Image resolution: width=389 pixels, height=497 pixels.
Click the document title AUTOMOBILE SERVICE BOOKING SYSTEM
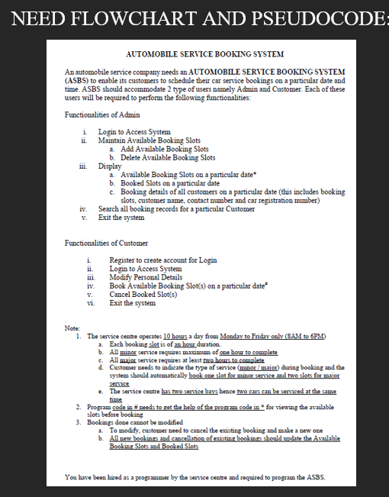pyautogui.click(x=204, y=54)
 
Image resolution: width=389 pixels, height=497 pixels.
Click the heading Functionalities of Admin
pyautogui.click(x=102, y=115)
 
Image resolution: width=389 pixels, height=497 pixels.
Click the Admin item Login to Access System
pyautogui.click(x=134, y=132)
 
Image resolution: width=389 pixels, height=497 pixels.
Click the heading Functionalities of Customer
pyautogui.click(x=107, y=243)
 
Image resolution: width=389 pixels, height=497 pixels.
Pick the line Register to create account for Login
pyautogui.click(x=162, y=260)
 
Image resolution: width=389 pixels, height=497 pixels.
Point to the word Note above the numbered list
pyautogui.click(x=72, y=328)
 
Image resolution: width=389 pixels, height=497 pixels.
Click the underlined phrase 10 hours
pyautogui.click(x=179, y=336)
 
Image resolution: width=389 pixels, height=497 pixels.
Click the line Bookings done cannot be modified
pyautogui.click(x=138, y=422)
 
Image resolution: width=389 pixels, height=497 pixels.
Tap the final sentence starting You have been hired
pyautogui.click(x=194, y=477)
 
